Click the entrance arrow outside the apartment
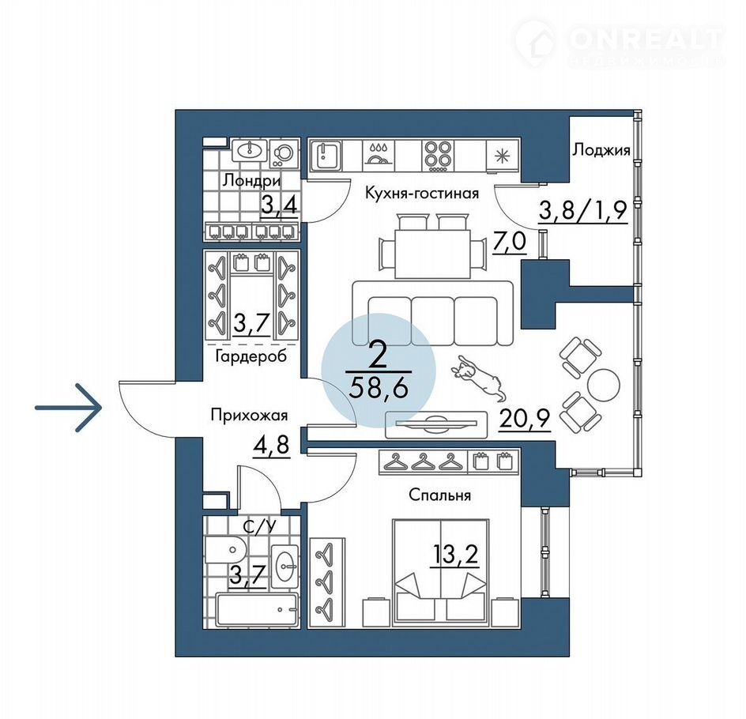(69, 408)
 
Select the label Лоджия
(601, 150)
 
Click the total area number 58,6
(379, 389)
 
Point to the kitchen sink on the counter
(326, 155)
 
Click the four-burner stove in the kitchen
(438, 155)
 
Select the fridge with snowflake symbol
(503, 155)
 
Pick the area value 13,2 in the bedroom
(454, 554)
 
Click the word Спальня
(439, 495)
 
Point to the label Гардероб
(251, 356)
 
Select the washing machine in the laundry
(284, 152)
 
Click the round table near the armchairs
(604, 385)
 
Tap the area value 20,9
(524, 419)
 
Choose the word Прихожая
(249, 415)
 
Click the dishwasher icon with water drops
(379, 155)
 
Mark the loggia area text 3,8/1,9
(583, 210)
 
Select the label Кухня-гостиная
(422, 193)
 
